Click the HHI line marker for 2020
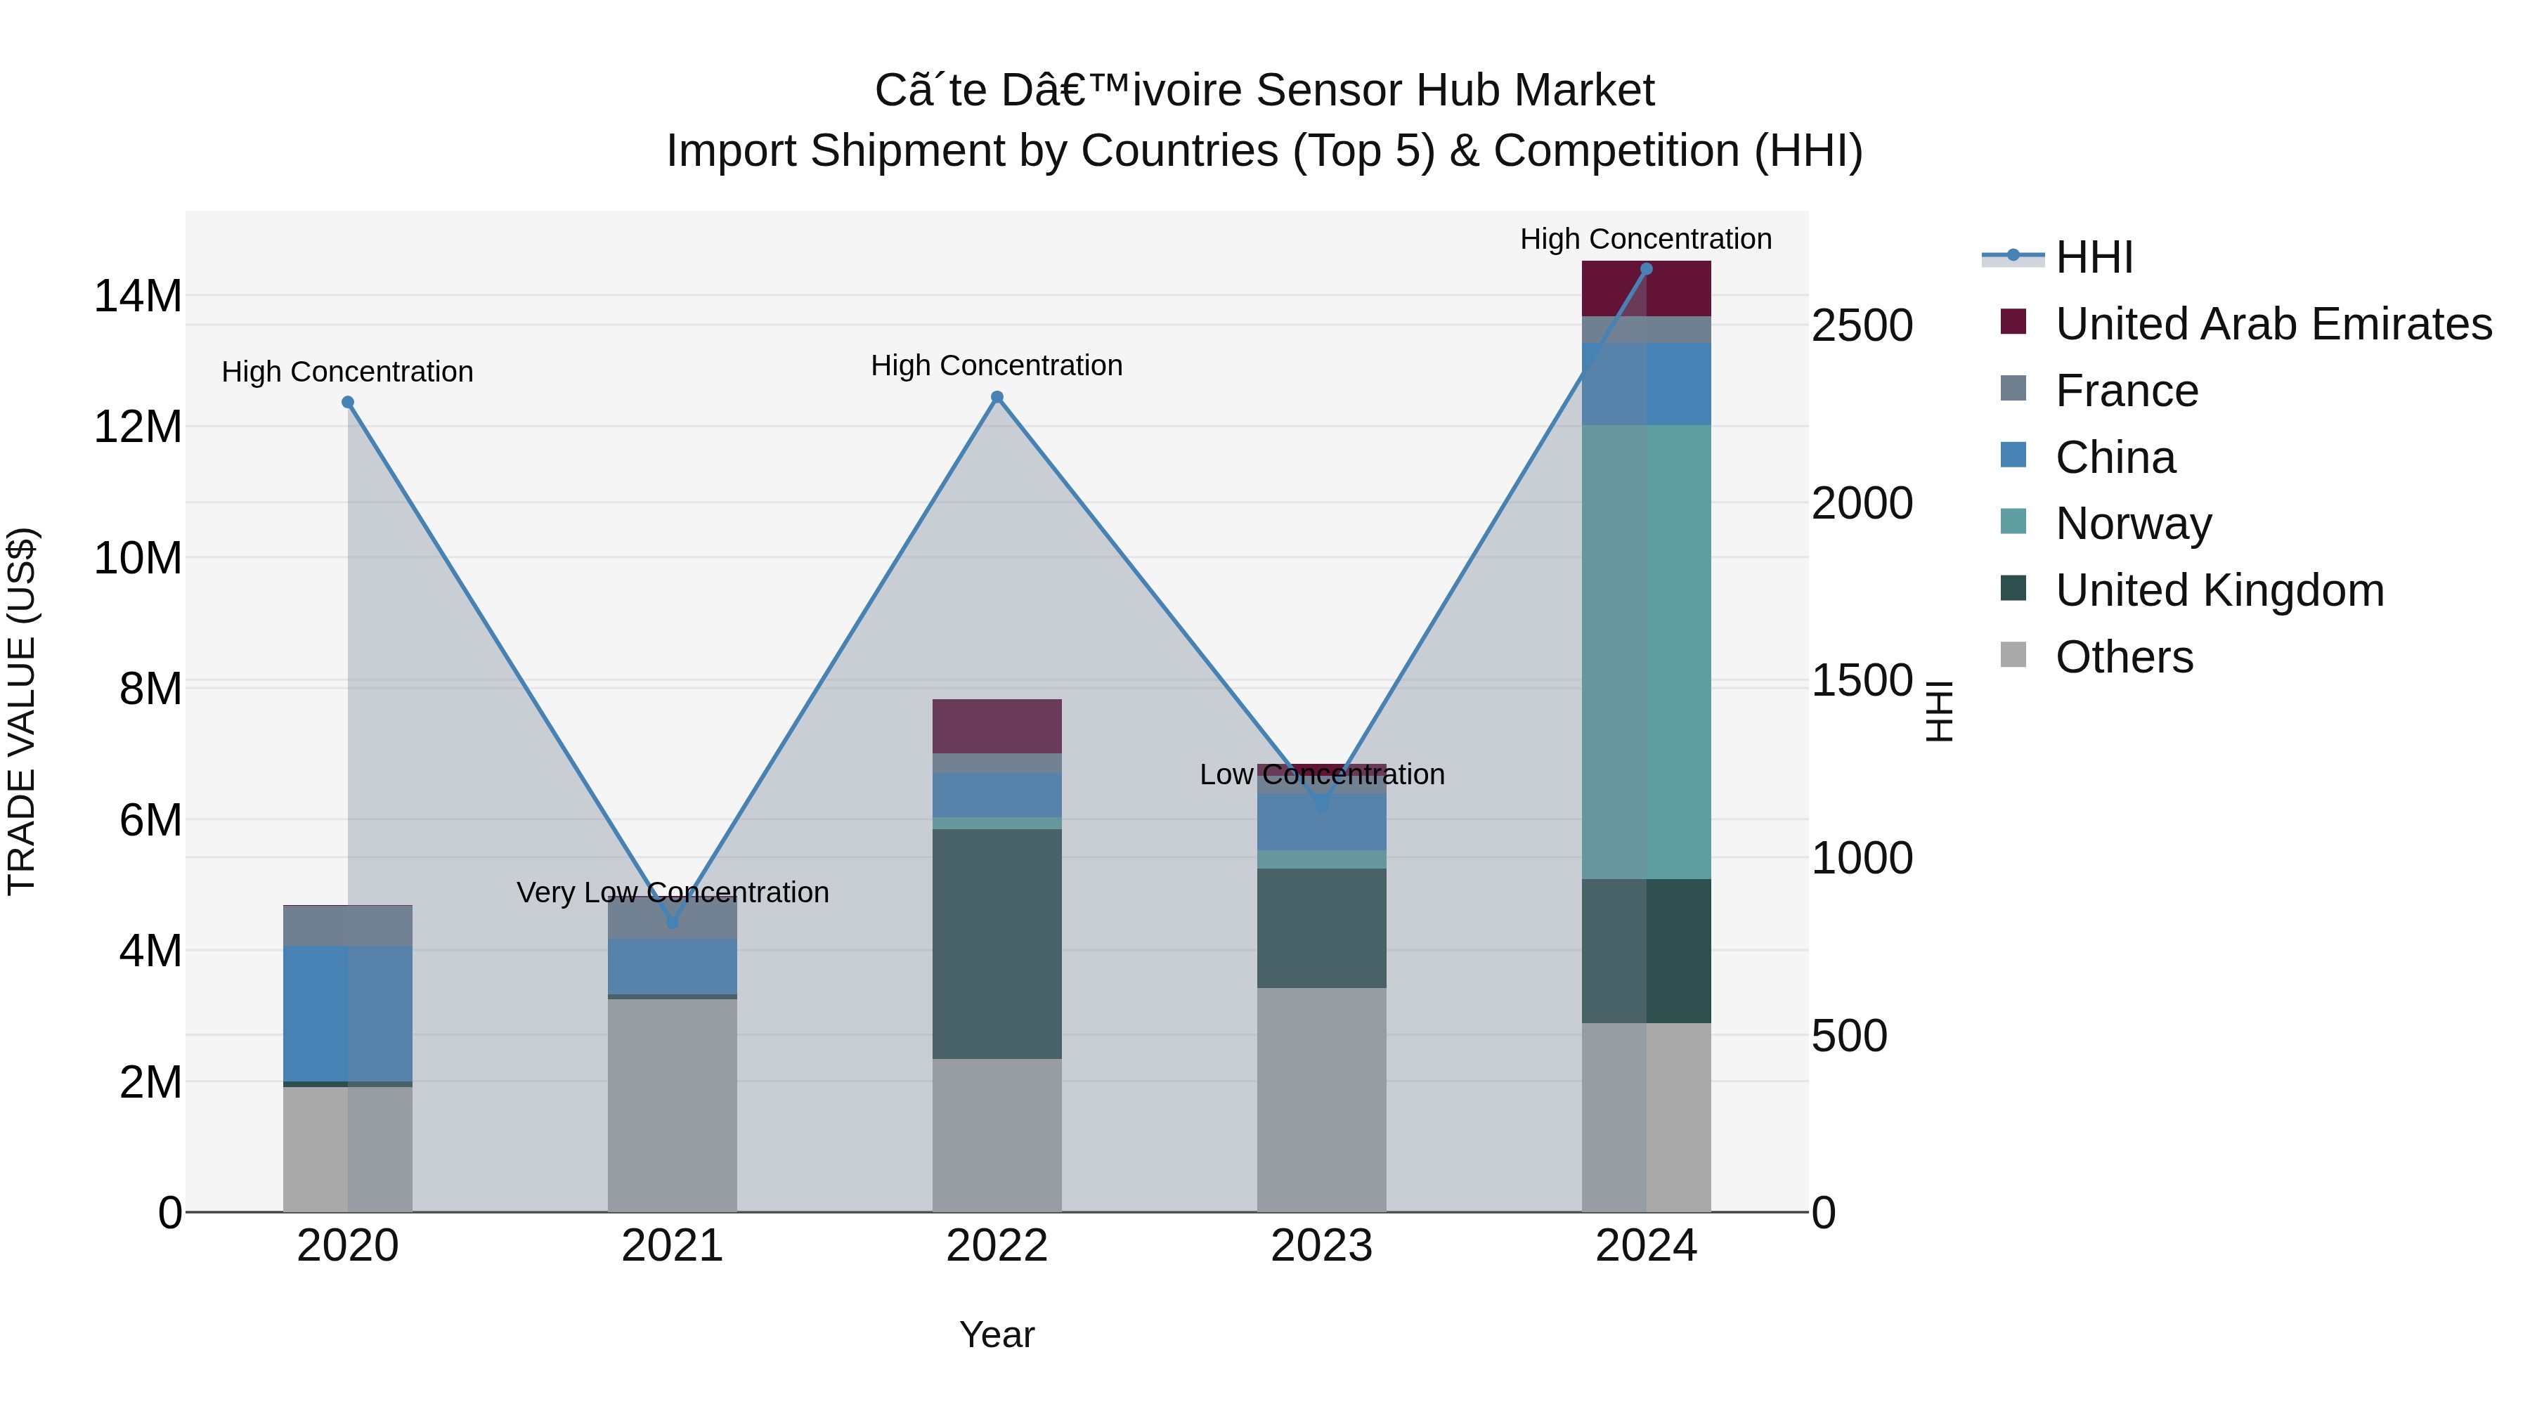[348, 402]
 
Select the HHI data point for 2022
[997, 397]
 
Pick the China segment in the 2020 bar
[348, 1013]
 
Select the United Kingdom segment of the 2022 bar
[997, 943]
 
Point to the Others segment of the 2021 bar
[673, 1105]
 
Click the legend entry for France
[2127, 391]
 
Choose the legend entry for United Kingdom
[2219, 590]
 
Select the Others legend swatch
[2013, 655]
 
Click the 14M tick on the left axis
[138, 296]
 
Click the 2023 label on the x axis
[1321, 1245]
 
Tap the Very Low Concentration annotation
[673, 892]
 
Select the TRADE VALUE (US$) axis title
[22, 711]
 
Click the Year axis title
[997, 1334]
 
